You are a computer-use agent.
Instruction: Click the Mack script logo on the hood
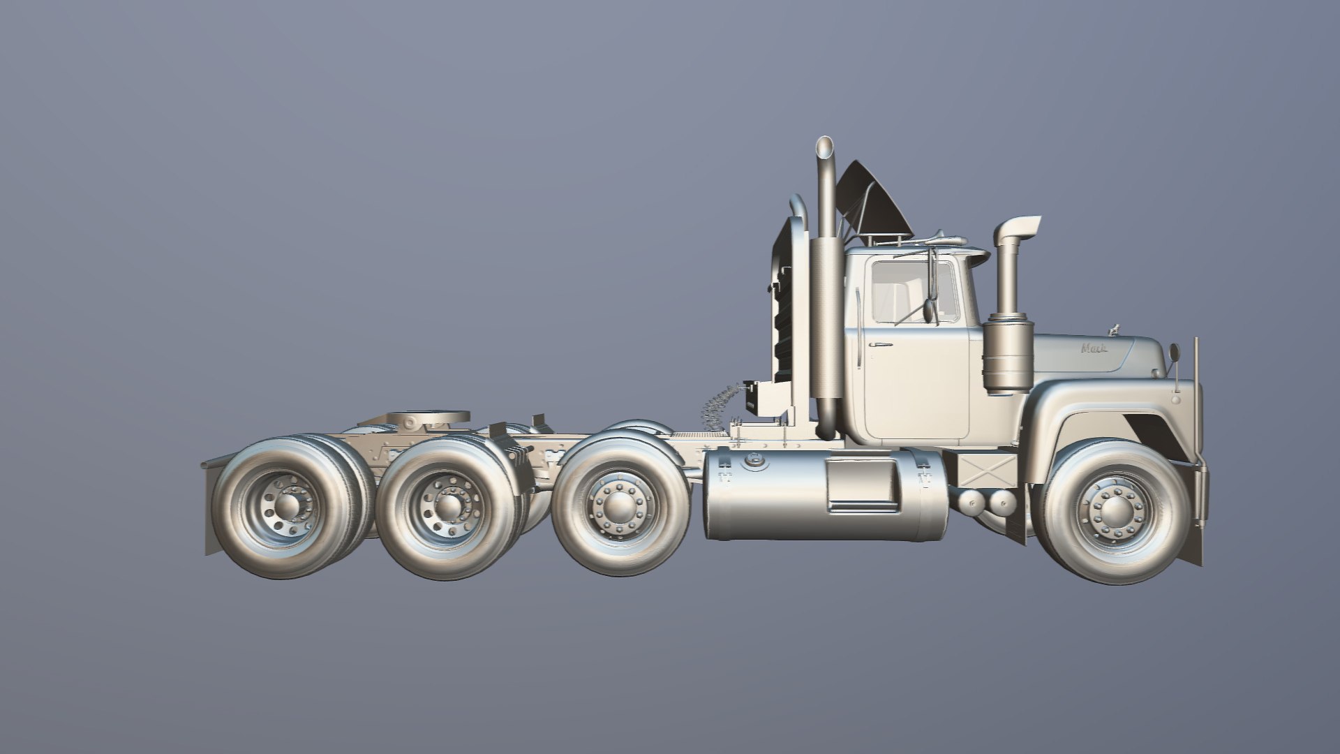(1094, 348)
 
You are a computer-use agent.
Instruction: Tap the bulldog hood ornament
(1115, 327)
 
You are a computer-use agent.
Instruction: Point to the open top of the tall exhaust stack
(825, 147)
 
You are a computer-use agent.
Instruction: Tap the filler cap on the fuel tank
(754, 459)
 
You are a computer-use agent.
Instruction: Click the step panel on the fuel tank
(863, 485)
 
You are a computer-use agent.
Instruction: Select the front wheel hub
(1115, 513)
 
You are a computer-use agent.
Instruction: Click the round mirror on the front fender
(1173, 353)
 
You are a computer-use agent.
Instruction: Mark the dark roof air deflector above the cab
(876, 199)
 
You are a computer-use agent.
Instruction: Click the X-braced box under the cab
(985, 471)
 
